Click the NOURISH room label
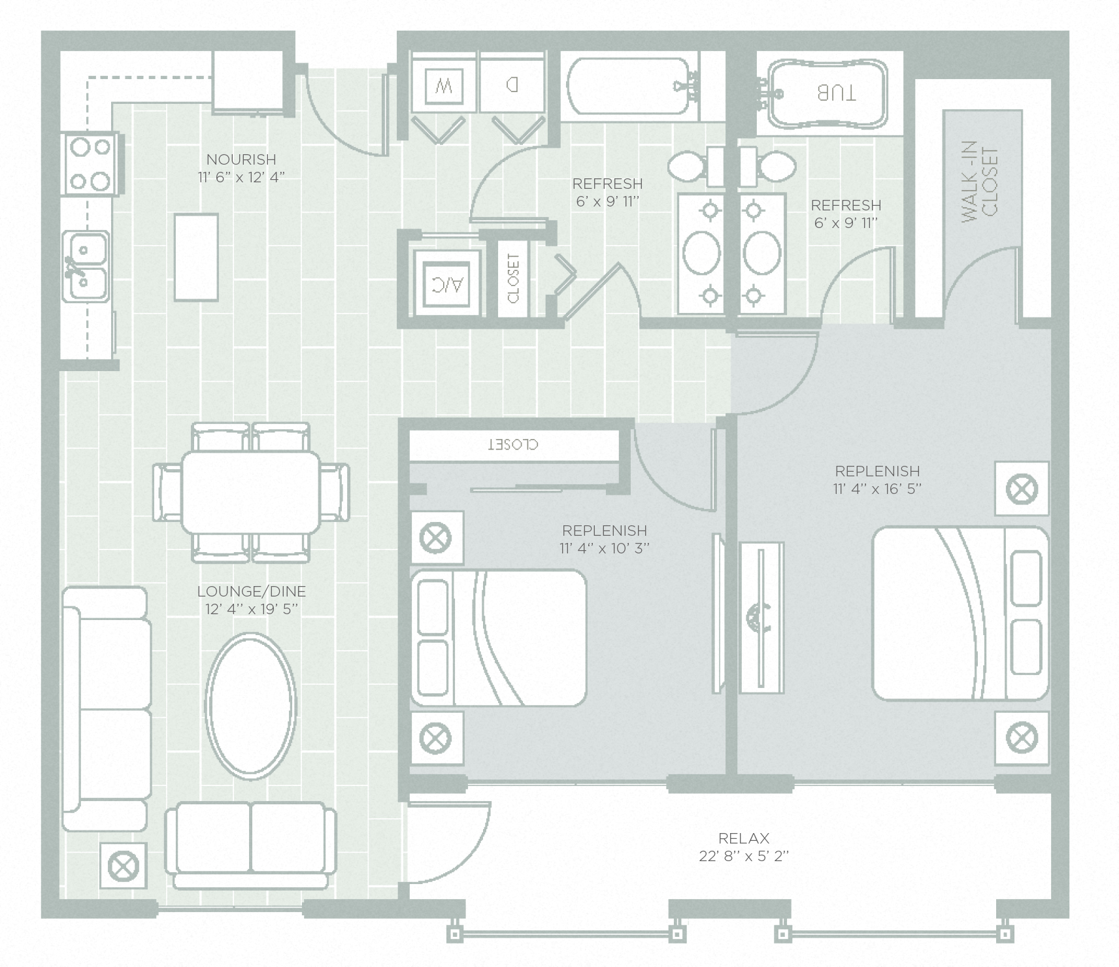click(x=241, y=159)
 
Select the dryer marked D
click(x=512, y=85)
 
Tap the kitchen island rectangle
click(x=195, y=257)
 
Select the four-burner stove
click(x=91, y=163)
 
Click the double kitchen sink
click(x=86, y=267)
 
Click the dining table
click(x=251, y=491)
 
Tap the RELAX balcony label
click(x=743, y=838)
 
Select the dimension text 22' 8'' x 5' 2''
click(x=743, y=856)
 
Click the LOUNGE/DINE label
click(x=251, y=591)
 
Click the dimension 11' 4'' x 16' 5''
click(x=877, y=489)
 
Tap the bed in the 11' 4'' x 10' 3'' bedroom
click(x=498, y=637)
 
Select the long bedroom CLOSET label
click(x=513, y=445)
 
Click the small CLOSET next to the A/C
click(x=512, y=278)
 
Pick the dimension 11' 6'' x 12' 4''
click(x=241, y=177)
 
